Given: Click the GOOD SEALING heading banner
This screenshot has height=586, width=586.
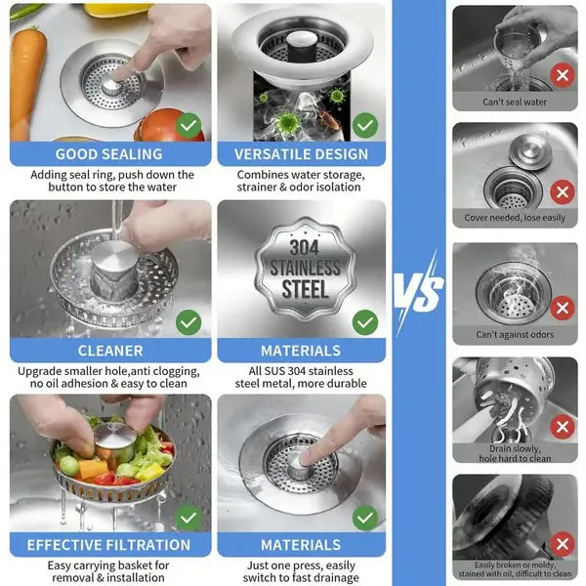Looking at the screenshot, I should (108, 154).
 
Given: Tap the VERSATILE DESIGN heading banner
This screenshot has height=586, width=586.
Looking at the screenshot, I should (301, 154).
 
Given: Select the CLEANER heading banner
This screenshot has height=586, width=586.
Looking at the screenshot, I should (108, 351).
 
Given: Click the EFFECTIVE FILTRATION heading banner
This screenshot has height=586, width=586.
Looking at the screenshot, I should (108, 545).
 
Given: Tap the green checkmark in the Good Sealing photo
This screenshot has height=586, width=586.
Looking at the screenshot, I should (189, 125).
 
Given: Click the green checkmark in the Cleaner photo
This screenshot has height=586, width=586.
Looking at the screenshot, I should (189, 321).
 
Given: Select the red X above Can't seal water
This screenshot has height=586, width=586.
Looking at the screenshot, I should (562, 74).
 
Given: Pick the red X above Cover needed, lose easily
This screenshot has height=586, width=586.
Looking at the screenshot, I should (562, 191).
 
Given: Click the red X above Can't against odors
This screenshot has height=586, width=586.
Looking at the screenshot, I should (562, 309).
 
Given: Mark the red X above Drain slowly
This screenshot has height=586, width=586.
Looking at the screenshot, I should (562, 427).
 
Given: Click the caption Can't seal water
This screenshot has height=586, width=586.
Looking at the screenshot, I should (515, 102).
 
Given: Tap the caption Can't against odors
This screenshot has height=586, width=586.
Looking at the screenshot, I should (515, 335).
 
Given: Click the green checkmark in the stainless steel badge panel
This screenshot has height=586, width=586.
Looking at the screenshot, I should (364, 321).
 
